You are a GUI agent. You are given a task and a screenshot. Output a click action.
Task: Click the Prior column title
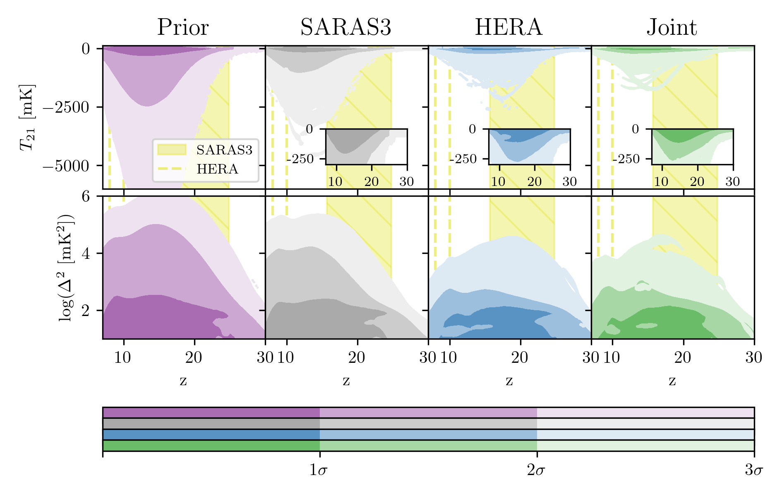[x=183, y=28]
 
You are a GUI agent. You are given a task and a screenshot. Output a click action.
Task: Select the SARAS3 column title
[x=345, y=28]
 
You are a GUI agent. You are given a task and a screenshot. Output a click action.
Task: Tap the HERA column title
[x=509, y=28]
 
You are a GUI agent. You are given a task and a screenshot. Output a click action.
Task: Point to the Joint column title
[x=672, y=28]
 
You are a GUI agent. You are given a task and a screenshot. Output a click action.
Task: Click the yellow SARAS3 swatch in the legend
[x=172, y=150]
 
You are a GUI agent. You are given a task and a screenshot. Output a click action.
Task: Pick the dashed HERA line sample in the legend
[x=172, y=169]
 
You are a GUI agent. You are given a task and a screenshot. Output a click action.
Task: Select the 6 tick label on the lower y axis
[x=86, y=196]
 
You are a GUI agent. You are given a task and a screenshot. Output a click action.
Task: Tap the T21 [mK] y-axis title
[x=27, y=118]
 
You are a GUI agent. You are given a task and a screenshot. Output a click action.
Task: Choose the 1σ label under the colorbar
[x=319, y=470]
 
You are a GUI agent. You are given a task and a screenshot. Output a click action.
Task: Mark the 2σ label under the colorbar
[x=536, y=470]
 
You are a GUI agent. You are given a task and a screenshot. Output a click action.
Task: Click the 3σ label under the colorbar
[x=753, y=470]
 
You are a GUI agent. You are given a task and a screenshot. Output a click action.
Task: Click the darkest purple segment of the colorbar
[x=211, y=413]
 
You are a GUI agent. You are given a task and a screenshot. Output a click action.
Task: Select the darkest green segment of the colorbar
[x=211, y=446]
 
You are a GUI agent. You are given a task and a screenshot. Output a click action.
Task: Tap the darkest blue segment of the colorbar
[x=211, y=434]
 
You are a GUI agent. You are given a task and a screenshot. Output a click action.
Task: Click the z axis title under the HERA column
[x=509, y=380]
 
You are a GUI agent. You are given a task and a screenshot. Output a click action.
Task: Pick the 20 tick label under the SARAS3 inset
[x=371, y=181]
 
